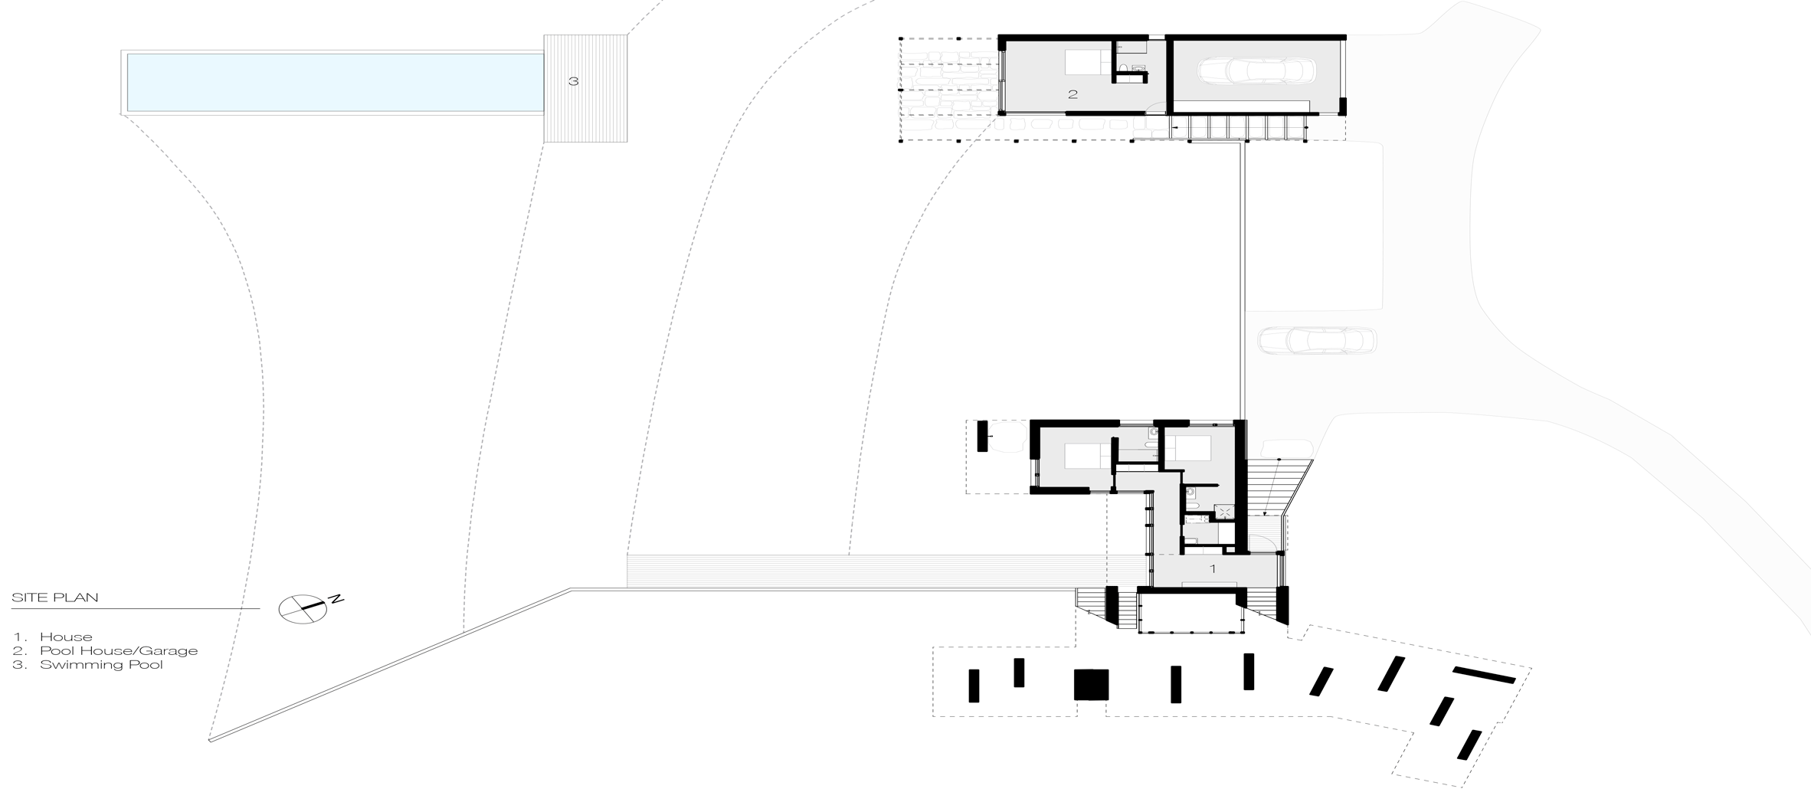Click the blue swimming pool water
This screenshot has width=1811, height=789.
[x=335, y=82]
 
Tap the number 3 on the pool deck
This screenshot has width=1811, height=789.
[x=573, y=81]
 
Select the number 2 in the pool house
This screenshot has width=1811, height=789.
[x=1073, y=94]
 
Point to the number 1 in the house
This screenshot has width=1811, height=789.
[x=1212, y=568]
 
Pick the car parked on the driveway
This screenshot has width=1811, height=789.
[x=1317, y=340]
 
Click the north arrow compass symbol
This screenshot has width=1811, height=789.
[x=303, y=609]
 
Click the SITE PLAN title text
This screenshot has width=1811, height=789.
[x=55, y=597]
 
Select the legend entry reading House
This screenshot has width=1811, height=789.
[x=66, y=637]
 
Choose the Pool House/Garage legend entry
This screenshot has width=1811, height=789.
[x=119, y=651]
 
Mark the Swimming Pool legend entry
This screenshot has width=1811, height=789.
[x=101, y=665]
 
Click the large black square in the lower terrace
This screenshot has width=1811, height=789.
[x=1091, y=684]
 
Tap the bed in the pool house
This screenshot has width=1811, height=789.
[x=1089, y=62]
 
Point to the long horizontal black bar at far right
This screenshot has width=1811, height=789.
[x=1484, y=675]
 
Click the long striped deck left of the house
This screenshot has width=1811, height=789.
[x=886, y=572]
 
